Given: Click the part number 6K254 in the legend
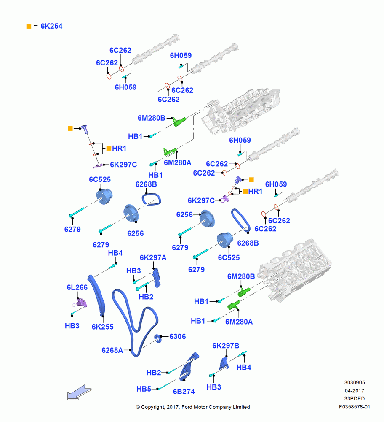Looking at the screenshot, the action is (51, 26).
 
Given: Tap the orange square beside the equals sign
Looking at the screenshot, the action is (29, 26).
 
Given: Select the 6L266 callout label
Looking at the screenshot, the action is (77, 287).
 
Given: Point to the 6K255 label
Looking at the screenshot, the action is (103, 327).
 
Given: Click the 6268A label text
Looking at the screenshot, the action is (112, 350).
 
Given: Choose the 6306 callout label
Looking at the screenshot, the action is (178, 336).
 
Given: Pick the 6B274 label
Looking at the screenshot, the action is (184, 391).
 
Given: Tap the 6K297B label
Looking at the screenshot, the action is (226, 346).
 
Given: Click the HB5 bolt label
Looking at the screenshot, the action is (144, 389).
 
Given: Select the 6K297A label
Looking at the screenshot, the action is (153, 257).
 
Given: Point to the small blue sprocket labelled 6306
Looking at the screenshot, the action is (158, 338).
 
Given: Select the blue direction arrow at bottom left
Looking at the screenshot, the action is (79, 392).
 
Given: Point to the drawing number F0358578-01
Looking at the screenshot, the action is (355, 407).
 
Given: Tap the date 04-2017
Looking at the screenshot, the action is (355, 390).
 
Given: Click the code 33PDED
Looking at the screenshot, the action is (355, 399).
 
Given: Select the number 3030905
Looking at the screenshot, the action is (355, 382).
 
